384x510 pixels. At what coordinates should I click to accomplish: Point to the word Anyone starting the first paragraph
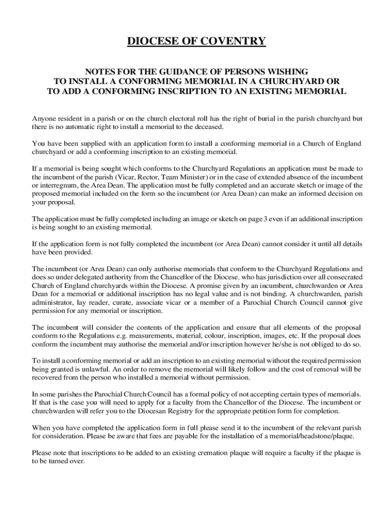click(x=43, y=119)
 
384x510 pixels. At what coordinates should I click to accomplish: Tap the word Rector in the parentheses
click(x=152, y=177)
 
